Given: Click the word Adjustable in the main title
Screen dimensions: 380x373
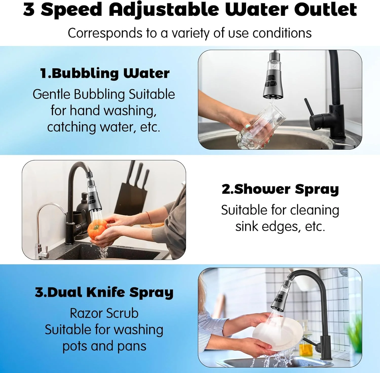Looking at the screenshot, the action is [x=164, y=10].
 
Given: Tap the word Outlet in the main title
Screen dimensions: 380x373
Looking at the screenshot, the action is [x=326, y=9].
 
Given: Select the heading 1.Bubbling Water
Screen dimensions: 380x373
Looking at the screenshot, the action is [x=105, y=73].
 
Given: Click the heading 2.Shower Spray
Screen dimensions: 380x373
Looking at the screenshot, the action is [x=280, y=189].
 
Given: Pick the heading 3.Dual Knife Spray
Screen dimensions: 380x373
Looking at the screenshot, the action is [x=104, y=292].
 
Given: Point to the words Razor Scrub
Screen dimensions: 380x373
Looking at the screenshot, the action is [x=104, y=313].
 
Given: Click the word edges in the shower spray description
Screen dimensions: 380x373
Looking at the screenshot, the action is [x=281, y=227].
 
